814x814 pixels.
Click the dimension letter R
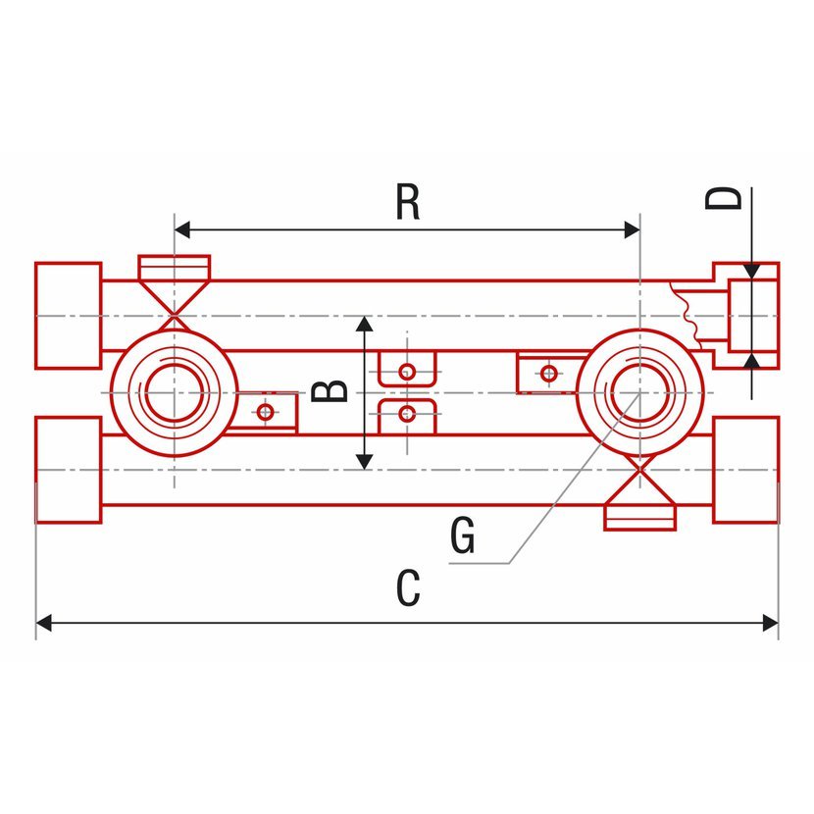pyautogui.click(x=408, y=202)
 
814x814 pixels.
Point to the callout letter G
pyautogui.click(x=462, y=536)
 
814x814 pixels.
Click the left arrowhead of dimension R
pyautogui.click(x=181, y=230)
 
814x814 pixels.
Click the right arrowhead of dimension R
pyautogui.click(x=632, y=230)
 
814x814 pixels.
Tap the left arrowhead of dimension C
pyautogui.click(x=44, y=622)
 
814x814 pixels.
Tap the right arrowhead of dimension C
pyautogui.click(x=770, y=622)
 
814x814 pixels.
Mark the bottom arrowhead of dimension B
pyautogui.click(x=364, y=459)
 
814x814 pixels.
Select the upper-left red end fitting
pyautogui.click(x=68, y=315)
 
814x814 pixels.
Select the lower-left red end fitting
pyautogui.click(x=68, y=470)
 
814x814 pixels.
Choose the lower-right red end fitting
pyautogui.click(x=745, y=470)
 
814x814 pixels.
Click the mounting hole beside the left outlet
pyautogui.click(x=264, y=412)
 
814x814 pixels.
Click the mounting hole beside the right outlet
pyautogui.click(x=549, y=373)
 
